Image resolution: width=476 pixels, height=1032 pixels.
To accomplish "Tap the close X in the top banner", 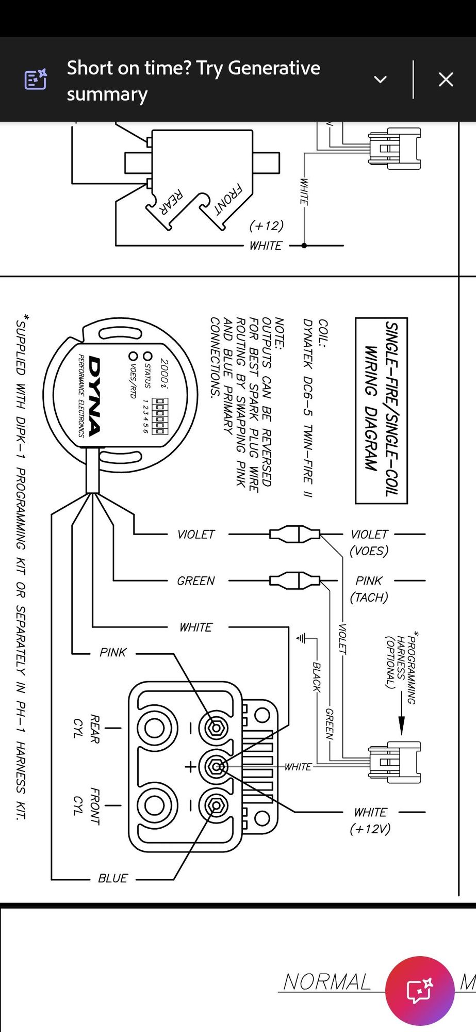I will coord(446,79).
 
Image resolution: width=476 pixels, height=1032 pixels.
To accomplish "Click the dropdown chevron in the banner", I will coord(380,79).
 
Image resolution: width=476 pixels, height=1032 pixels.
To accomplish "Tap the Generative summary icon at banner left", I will coord(36,79).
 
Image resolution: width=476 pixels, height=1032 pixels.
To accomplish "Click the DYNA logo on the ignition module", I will coord(94,395).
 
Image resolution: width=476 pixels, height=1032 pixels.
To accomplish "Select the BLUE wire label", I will coord(112,878).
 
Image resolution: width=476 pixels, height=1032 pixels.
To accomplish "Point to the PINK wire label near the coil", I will coord(112,652).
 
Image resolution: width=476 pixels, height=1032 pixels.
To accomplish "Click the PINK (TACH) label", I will coord(369,589).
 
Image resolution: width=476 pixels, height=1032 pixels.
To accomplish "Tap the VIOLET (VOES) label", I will coord(369,542).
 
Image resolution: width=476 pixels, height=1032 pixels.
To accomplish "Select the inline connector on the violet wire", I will coord(295,534).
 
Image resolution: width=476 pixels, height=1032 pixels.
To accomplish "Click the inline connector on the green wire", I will coord(295,580).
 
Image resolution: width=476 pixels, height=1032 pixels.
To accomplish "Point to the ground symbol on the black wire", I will coord(301,638).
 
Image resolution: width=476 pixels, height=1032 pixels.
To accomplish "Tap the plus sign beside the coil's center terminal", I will coord(190,767).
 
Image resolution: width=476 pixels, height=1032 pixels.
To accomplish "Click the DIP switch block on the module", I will coord(160,415).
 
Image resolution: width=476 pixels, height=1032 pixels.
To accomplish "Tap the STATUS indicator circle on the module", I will coord(148,356).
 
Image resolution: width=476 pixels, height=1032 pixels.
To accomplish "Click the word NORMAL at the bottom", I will coord(327,981).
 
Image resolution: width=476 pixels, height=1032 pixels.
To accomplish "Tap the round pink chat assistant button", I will coord(420,991).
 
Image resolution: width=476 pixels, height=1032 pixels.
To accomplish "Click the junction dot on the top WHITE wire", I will coord(304,246).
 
